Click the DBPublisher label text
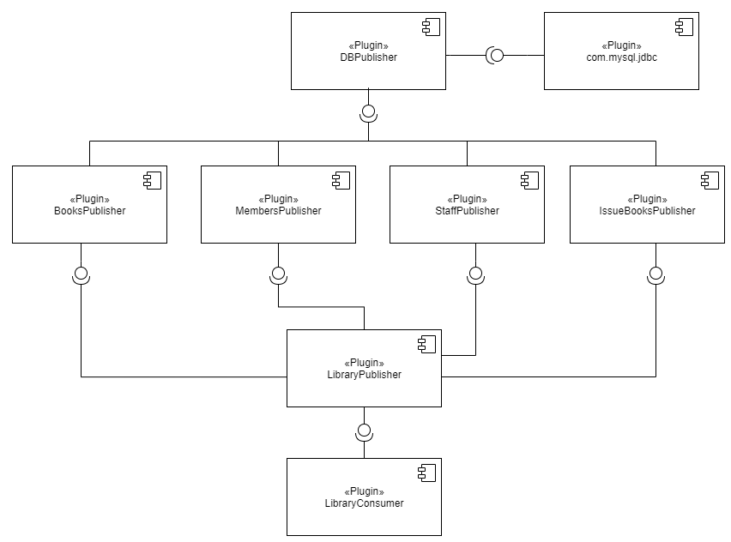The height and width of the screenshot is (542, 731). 368,57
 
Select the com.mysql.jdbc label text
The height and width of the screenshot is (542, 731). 621,57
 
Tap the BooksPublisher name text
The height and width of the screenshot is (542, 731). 89,210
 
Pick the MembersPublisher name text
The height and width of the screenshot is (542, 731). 278,210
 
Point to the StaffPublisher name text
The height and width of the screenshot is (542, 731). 467,210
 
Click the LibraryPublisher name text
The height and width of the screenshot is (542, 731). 364,374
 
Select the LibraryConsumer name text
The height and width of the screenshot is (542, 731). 364,503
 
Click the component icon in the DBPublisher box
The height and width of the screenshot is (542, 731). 430,27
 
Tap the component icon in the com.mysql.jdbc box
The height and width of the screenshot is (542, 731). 684,27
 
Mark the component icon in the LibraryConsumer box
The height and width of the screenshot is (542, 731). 426,473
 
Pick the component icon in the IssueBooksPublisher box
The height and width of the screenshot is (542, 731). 710,180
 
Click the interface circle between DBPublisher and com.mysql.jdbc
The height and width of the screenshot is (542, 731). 496,56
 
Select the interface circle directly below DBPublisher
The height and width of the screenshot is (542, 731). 368,111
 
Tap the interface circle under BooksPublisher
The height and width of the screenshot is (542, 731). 81,274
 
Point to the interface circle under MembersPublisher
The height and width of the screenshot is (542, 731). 278,274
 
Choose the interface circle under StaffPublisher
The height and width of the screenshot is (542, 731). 475,274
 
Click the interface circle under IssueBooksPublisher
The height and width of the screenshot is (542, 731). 655,274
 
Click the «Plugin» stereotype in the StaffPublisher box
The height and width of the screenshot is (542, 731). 467,199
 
